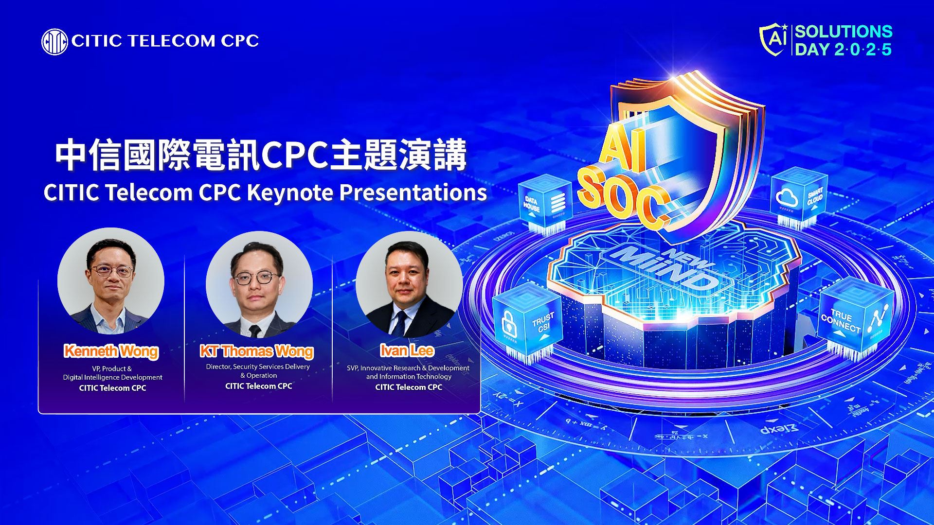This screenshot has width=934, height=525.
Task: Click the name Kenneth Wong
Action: [x=111, y=350]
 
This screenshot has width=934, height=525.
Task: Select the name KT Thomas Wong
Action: [x=257, y=350]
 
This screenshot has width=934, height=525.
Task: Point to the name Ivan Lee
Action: [x=407, y=350]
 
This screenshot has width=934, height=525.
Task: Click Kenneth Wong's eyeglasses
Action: [x=112, y=270]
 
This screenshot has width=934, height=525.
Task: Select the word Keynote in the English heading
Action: [x=289, y=192]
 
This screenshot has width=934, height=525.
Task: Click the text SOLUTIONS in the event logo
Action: [x=844, y=32]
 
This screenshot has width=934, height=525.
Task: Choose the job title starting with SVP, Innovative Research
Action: [x=408, y=372]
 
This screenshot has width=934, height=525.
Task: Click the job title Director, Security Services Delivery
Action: [x=258, y=367]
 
